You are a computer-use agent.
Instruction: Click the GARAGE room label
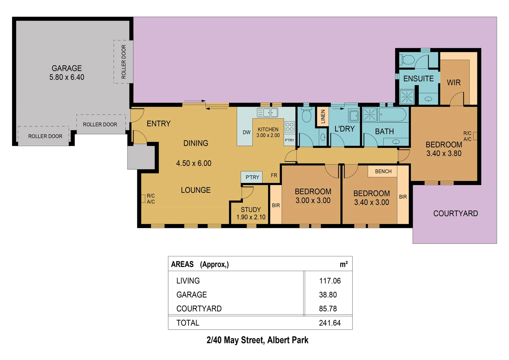67,68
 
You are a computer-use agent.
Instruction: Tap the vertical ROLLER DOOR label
124,62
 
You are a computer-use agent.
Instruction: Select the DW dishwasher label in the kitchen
247,132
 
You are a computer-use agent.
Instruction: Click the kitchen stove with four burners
289,127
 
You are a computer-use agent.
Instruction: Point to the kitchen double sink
267,113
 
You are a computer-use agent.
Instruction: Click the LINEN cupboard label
323,117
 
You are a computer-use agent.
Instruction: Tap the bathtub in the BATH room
392,115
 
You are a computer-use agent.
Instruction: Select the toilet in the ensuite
407,60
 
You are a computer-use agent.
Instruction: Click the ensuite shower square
407,97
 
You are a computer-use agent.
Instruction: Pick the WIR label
454,83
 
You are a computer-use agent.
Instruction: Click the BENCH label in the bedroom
383,171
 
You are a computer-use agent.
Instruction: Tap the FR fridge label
274,175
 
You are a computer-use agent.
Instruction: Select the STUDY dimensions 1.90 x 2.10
251,217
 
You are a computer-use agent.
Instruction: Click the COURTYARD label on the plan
455,214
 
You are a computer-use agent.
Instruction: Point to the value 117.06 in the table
330,281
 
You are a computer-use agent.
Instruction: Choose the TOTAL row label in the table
188,323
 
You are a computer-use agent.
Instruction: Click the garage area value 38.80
328,295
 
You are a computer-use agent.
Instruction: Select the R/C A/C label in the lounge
151,199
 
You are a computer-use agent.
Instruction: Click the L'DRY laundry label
344,129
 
